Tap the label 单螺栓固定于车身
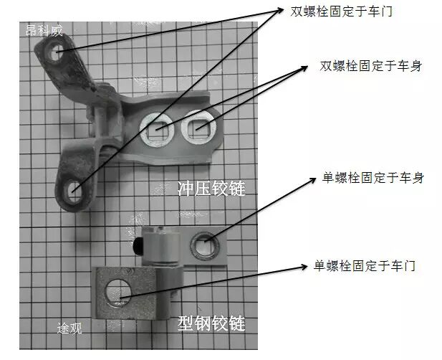[x=370, y=177]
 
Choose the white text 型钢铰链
[x=211, y=324]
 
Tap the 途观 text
[x=69, y=328]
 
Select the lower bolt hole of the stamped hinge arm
[x=75, y=191]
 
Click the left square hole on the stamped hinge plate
[x=156, y=129]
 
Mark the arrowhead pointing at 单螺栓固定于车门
[x=307, y=268]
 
